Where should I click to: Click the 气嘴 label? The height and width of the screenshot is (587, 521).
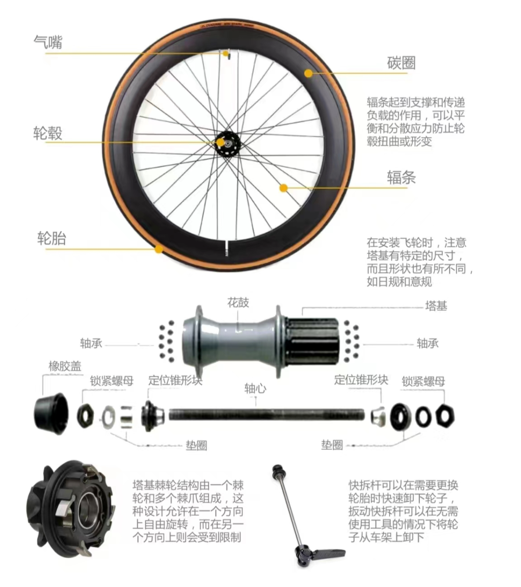pos(48,42)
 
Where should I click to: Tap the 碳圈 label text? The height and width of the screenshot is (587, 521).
pos(401,63)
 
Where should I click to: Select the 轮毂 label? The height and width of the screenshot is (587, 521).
pos(48,133)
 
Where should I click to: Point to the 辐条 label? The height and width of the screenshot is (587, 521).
pos(401,177)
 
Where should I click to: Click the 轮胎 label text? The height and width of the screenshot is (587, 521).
pos(52,239)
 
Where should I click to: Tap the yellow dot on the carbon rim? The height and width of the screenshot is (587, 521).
pos(308,73)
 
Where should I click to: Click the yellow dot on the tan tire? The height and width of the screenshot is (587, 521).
pos(158,249)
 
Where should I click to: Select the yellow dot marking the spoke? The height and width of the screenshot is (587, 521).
pos(284,188)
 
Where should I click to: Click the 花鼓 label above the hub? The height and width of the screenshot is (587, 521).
pos(238,303)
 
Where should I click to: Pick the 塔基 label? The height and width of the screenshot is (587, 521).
pos(436,306)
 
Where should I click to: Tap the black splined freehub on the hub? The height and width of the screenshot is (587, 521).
pos(313,341)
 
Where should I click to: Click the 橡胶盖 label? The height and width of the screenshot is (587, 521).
pos(65,366)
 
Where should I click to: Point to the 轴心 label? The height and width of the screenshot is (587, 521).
pos(255,388)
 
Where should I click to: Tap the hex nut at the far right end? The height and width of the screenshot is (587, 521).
pos(445,416)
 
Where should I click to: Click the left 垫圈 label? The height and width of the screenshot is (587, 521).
pos(196,445)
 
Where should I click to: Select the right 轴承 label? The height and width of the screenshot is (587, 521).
pos(427,343)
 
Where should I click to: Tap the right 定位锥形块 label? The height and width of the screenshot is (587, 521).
pos(361,380)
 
